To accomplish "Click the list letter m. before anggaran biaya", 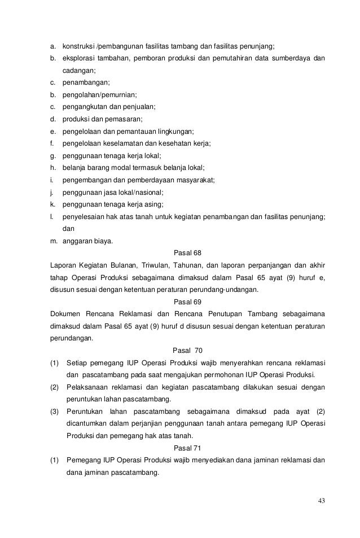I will click(53, 241).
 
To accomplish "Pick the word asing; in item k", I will click(151, 204).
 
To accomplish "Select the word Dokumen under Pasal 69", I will click(65, 314).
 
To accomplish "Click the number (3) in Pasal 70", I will click(54, 411).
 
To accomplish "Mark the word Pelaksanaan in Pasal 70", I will click(86, 387).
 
